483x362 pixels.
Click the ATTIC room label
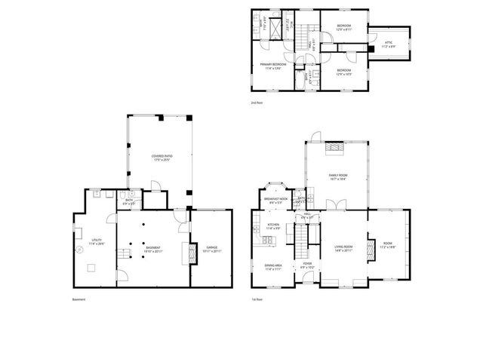click(x=388, y=43)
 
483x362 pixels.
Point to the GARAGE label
click(x=211, y=247)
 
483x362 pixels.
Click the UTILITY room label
click(x=96, y=241)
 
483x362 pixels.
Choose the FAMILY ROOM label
click(x=337, y=176)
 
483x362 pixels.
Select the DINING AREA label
click(x=273, y=265)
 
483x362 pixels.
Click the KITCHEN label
click(x=273, y=225)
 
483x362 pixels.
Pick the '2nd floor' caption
click(x=257, y=101)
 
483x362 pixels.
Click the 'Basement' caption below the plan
click(x=78, y=299)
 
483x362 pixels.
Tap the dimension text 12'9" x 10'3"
click(x=343, y=73)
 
